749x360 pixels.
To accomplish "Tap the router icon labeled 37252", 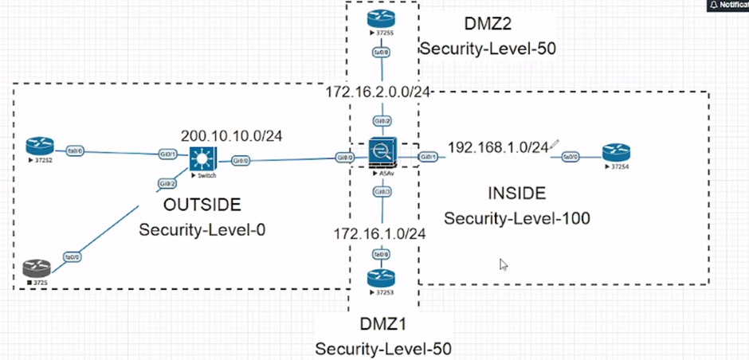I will pyautogui.click(x=37, y=146).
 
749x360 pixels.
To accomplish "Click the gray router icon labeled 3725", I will pyautogui.click(x=36, y=268).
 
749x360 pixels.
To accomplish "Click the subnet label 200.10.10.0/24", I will pyautogui.click(x=232, y=135).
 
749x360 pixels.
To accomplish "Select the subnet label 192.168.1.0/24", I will pyautogui.click(x=498, y=147).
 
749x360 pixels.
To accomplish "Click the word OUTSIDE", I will pyautogui.click(x=202, y=205).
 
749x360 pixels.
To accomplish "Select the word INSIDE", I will pyautogui.click(x=516, y=193).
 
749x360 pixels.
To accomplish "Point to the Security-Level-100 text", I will pyautogui.click(x=516, y=218).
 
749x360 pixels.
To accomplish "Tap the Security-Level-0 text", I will pyautogui.click(x=202, y=230).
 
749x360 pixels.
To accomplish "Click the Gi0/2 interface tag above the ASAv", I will pyautogui.click(x=383, y=121).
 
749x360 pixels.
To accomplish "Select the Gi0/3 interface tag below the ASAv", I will pyautogui.click(x=383, y=192).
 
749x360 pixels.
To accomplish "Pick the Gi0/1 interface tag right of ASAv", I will pyautogui.click(x=428, y=157).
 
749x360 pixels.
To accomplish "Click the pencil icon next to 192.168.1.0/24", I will pyautogui.click(x=555, y=144).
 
